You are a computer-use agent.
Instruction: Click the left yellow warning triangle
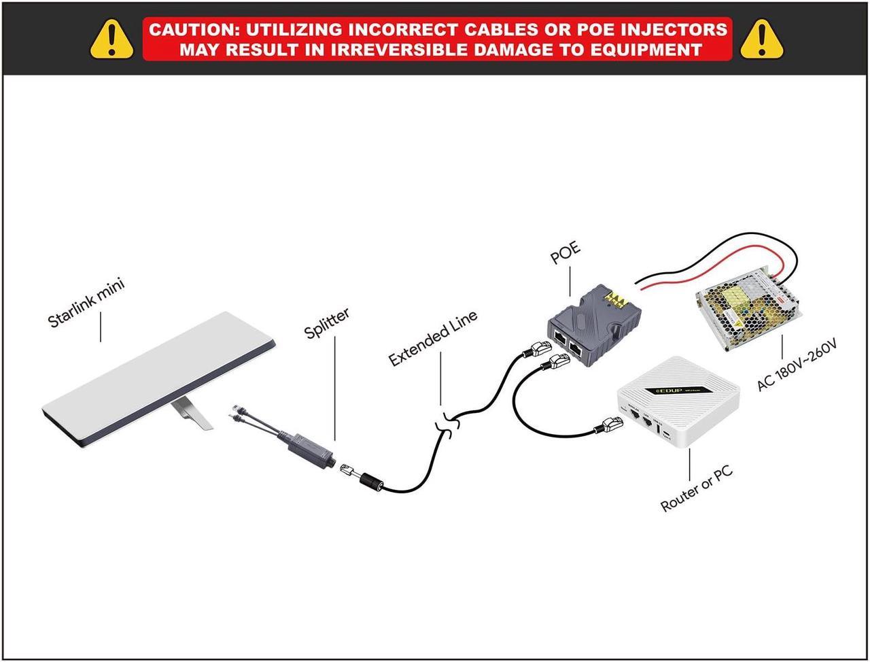point(112,39)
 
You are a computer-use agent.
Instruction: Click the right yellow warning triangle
point(762,39)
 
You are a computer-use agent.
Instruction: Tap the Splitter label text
point(327,322)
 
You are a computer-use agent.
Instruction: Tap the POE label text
point(565,252)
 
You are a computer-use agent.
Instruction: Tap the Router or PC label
point(697,490)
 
